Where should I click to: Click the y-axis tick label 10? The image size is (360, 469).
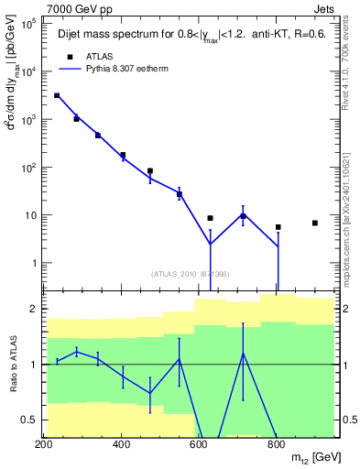click(x=30, y=215)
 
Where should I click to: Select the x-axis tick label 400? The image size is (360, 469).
click(x=122, y=445)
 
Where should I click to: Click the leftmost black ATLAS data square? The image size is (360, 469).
click(x=57, y=95)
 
